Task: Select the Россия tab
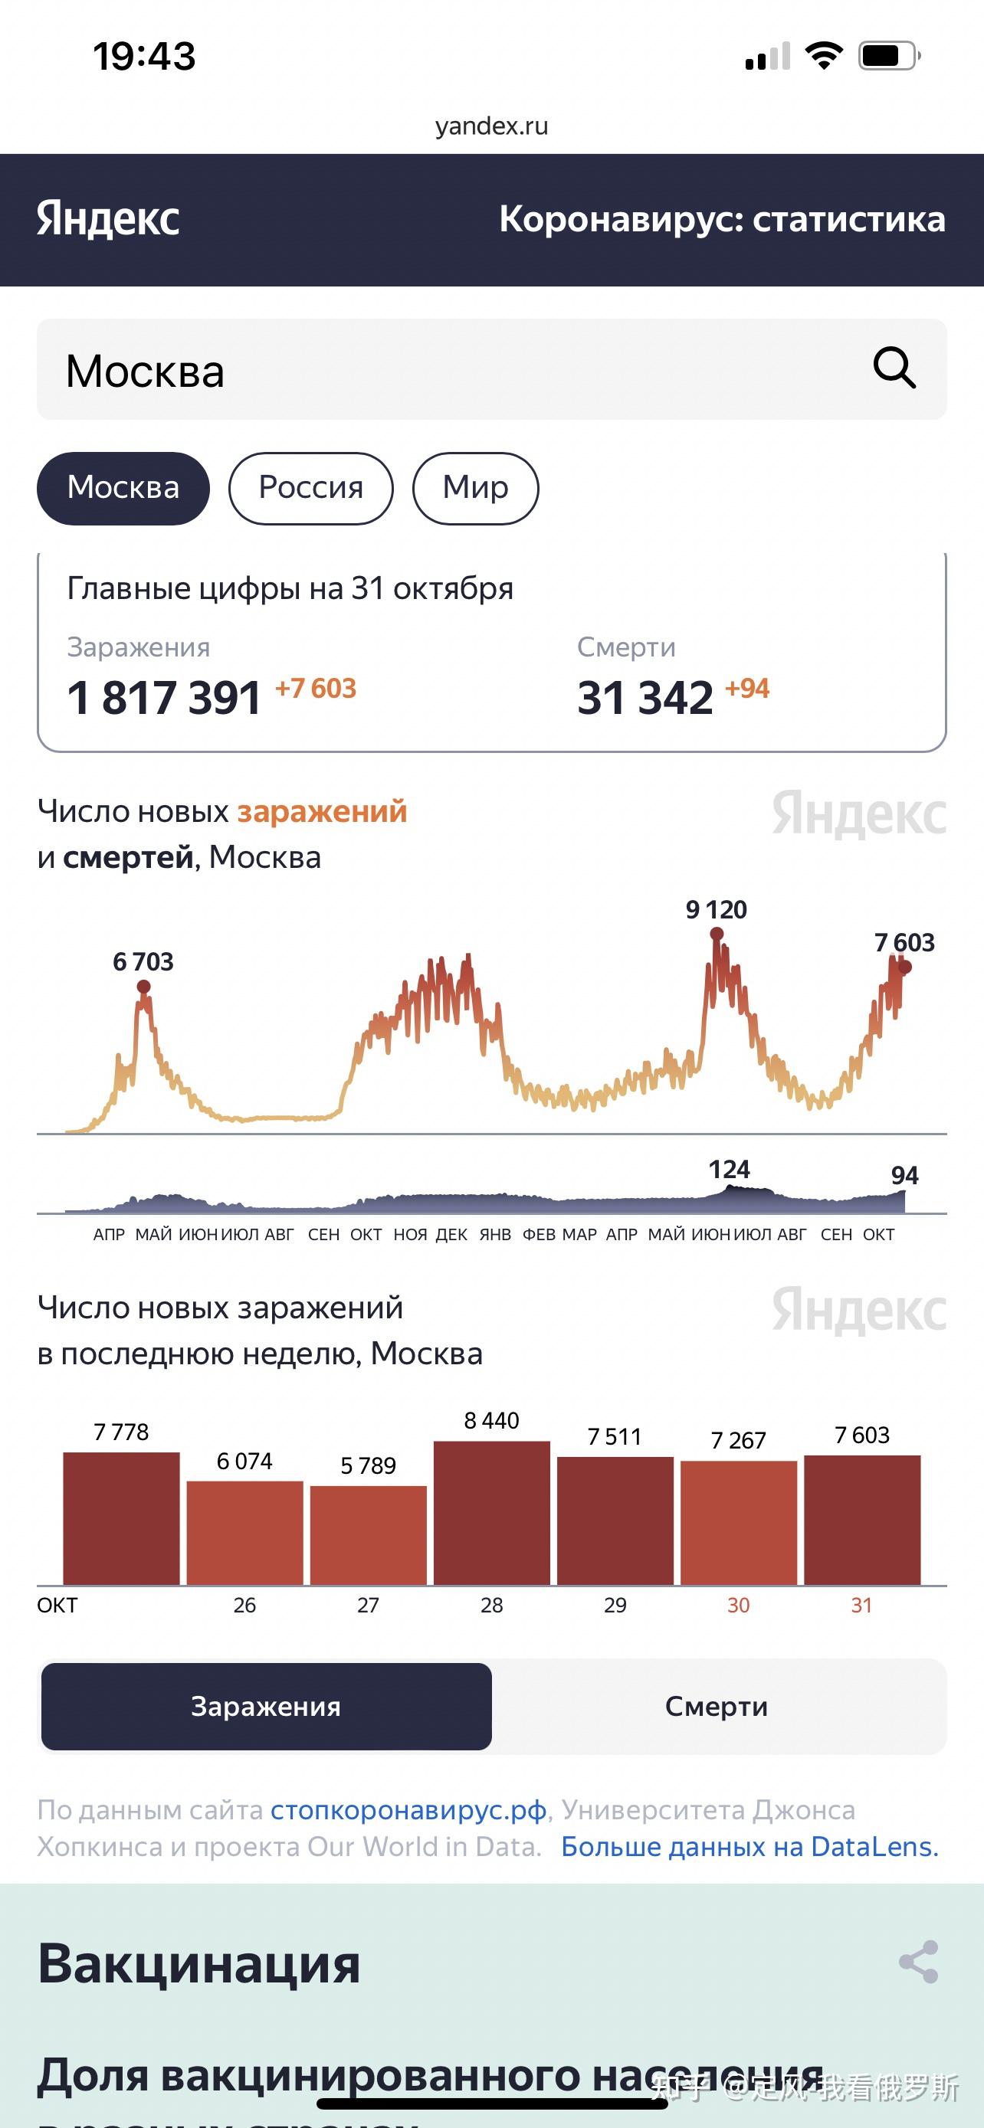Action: (310, 487)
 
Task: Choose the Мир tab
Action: (475, 487)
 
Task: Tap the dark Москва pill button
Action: (123, 487)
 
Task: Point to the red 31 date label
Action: (861, 1605)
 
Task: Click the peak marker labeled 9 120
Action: (717, 935)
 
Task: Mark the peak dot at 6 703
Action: (144, 987)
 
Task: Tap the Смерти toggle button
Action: (717, 1707)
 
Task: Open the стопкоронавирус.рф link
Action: (408, 1810)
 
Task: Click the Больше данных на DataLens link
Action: (749, 1846)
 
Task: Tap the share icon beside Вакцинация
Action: (918, 1962)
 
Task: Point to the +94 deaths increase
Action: (747, 688)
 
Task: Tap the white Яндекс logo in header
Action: (108, 219)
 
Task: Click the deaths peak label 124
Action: (729, 1169)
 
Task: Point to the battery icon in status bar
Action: (889, 56)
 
